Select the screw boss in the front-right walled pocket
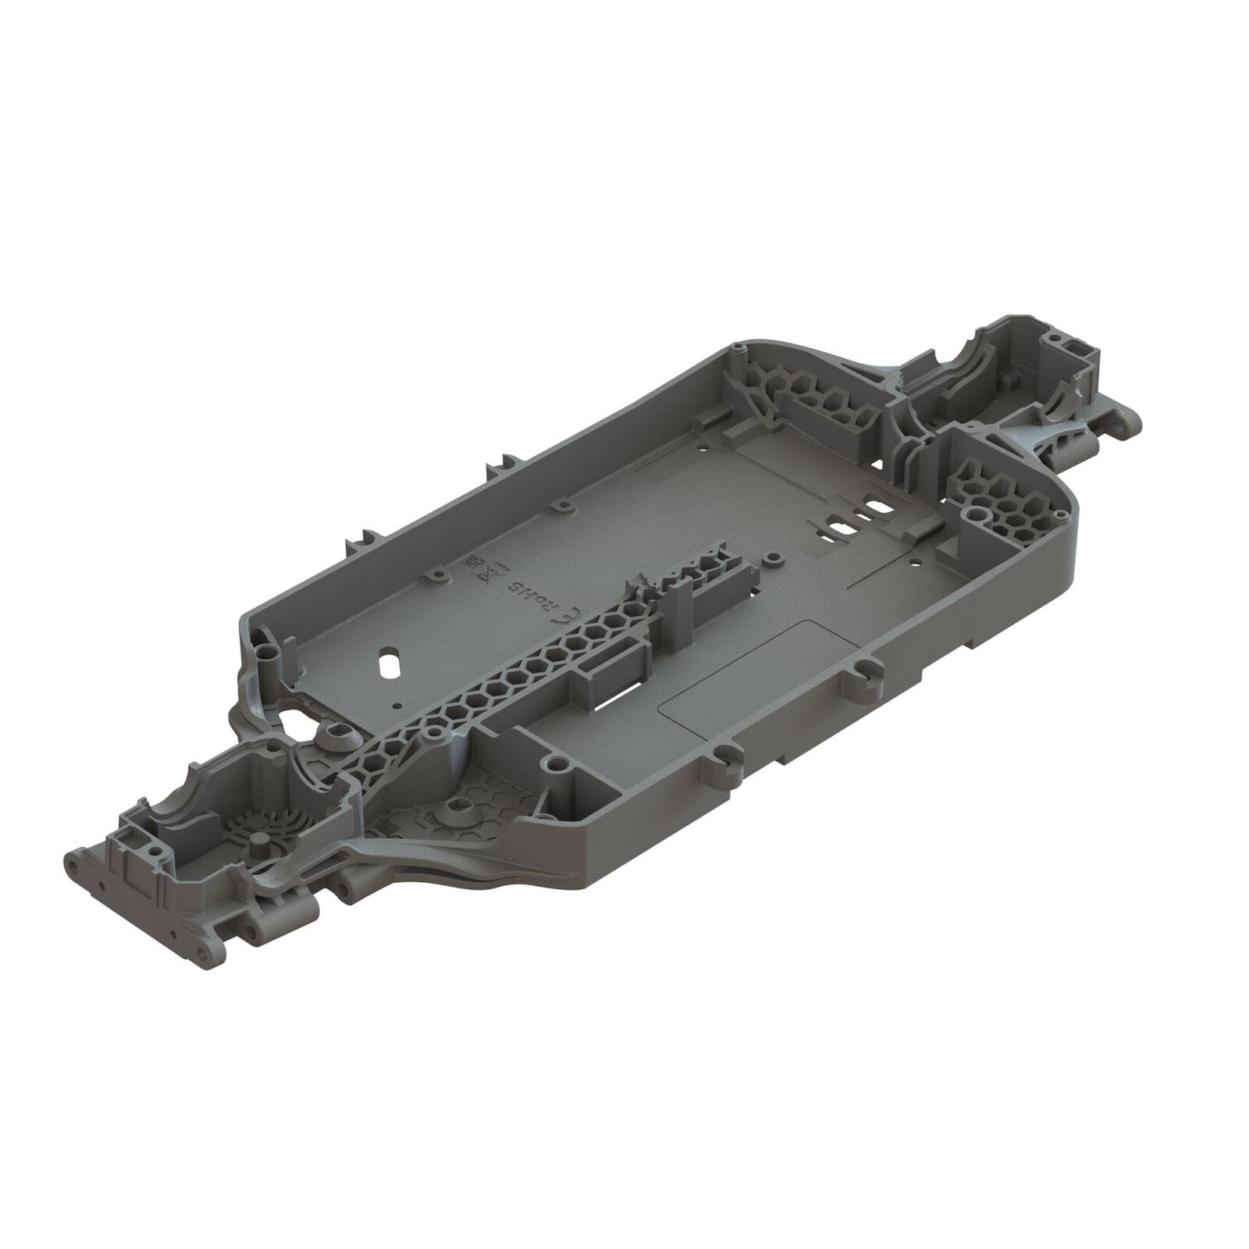[x=556, y=763]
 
